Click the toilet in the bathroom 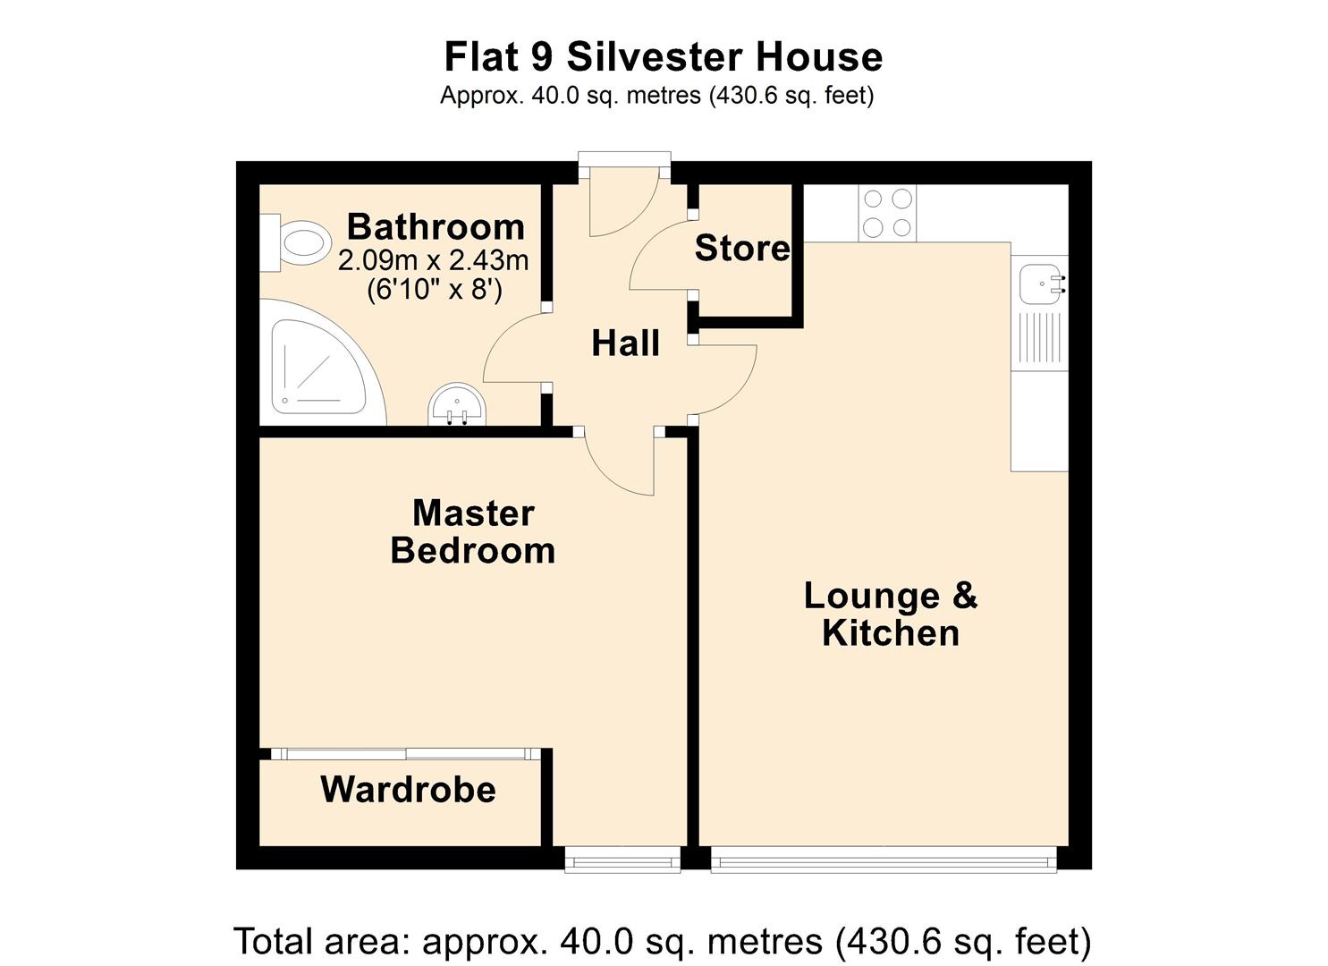click(x=297, y=242)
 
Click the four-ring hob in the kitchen click(x=887, y=213)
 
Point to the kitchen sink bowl click(x=1039, y=284)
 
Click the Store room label click(x=742, y=248)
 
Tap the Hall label click(x=625, y=343)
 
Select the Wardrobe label click(x=408, y=789)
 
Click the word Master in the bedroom click(x=473, y=513)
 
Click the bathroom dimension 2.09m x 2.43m click(x=433, y=261)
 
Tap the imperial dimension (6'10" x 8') click(x=435, y=289)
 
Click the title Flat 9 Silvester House click(x=663, y=57)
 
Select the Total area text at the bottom click(x=663, y=941)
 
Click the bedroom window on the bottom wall click(x=622, y=860)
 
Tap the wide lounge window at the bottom click(x=884, y=860)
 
